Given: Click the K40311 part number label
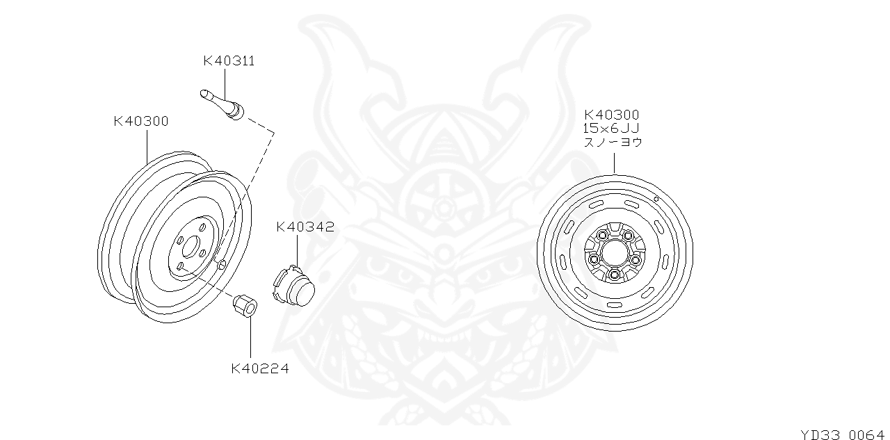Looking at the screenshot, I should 229,61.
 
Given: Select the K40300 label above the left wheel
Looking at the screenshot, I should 140,122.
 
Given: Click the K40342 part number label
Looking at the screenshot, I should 305,227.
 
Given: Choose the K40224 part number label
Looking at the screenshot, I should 260,369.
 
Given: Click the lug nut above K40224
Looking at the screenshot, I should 245,305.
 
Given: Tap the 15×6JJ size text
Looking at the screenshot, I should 611,129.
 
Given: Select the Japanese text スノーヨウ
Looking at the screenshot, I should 613,142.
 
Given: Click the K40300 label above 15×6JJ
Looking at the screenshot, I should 611,115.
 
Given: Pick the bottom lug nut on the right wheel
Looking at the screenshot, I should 613,275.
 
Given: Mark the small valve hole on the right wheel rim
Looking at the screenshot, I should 656,199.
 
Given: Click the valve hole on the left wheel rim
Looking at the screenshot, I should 221,263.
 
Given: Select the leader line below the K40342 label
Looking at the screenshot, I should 297,250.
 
